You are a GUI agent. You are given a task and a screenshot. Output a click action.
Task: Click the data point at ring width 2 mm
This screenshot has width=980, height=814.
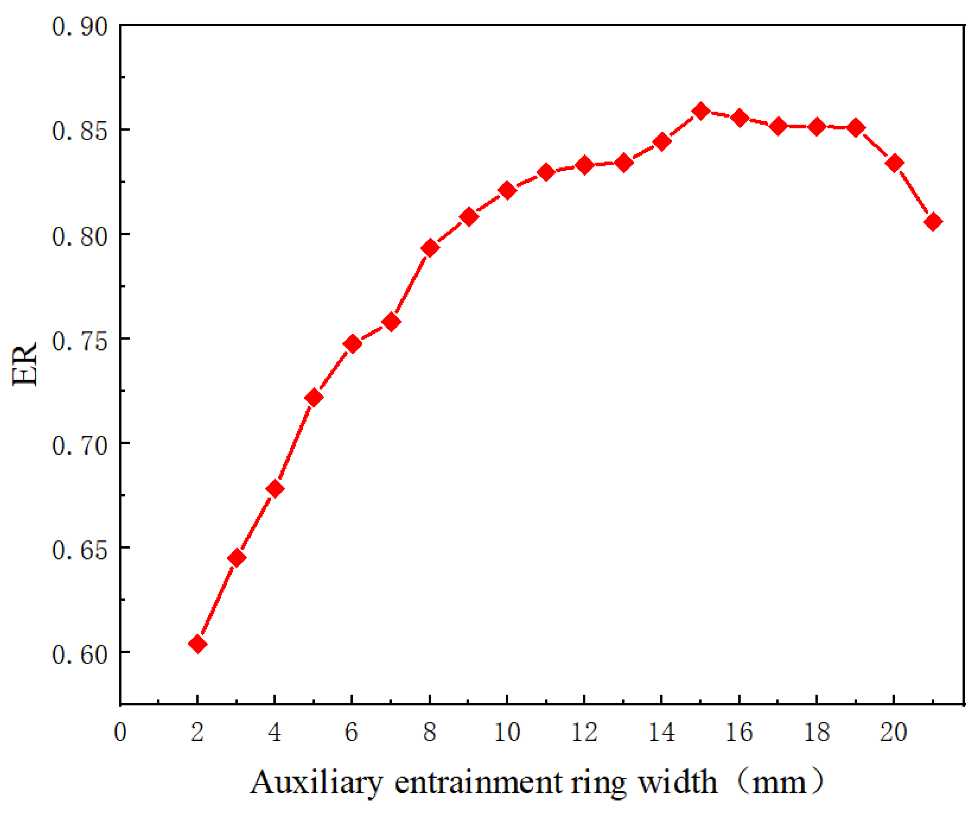[x=197, y=644]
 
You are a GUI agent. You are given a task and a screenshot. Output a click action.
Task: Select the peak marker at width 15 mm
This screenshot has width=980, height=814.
[x=700, y=111]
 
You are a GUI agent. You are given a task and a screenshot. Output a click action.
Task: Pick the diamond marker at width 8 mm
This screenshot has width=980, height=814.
[x=430, y=248]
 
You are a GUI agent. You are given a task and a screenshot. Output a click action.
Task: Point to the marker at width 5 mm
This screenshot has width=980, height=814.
[x=314, y=398]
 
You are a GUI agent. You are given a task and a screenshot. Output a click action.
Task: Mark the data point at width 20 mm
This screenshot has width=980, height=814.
[x=894, y=163]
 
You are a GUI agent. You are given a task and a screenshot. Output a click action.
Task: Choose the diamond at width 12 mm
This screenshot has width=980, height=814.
[x=584, y=165]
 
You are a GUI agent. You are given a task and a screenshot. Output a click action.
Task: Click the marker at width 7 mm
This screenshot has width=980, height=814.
[x=391, y=322]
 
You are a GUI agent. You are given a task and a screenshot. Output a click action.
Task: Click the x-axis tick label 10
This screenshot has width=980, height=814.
[x=507, y=732]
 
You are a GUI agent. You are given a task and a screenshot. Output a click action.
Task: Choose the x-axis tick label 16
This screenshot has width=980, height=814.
[x=739, y=732]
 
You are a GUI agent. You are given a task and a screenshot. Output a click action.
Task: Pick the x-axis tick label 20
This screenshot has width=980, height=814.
[x=894, y=732]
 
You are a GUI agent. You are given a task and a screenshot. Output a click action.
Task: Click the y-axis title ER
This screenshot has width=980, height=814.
[x=24, y=364]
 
